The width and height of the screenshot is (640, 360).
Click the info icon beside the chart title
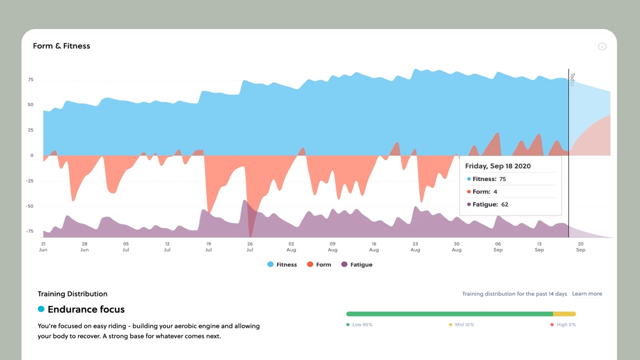[602, 46]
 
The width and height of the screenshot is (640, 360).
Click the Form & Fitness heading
[61, 45]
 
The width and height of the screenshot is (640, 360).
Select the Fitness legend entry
[282, 264]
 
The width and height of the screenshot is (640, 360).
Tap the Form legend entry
[319, 264]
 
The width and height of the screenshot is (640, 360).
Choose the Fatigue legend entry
[357, 264]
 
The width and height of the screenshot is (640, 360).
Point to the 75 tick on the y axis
[30, 79]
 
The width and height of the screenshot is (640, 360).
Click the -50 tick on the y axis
[29, 206]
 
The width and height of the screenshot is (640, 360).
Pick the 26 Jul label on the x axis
[249, 246]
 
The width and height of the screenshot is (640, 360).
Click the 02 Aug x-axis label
[291, 246]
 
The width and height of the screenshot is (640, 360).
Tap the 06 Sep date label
[497, 246]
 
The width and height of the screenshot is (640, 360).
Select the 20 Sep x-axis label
[580, 246]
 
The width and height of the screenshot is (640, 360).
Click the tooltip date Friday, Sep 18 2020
[497, 166]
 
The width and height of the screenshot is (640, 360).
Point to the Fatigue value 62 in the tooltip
[504, 204]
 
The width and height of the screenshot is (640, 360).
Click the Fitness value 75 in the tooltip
[502, 179]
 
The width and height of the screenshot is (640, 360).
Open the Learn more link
[587, 293]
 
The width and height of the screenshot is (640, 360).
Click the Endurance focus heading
[86, 309]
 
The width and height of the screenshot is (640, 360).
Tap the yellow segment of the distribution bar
[564, 313]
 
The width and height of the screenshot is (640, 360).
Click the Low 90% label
[359, 324]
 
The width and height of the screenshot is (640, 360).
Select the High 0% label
[563, 324]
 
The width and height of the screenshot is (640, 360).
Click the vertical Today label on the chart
[572, 79]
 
